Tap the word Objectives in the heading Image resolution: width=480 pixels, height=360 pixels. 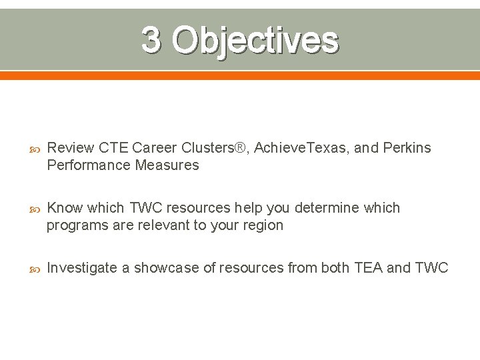click(255, 40)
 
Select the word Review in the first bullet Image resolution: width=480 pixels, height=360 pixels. click(71, 147)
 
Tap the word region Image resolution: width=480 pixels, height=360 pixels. click(262, 225)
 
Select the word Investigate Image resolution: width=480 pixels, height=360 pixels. click(80, 268)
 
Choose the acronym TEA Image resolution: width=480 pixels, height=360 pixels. click(368, 268)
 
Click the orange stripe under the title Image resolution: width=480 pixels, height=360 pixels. click(240, 75)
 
